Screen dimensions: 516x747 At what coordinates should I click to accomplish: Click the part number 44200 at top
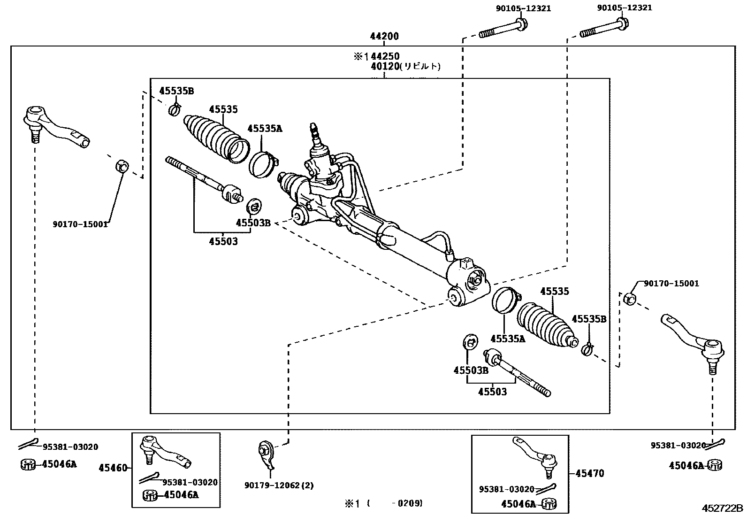384,36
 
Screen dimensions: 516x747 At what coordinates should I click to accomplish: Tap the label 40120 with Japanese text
406,66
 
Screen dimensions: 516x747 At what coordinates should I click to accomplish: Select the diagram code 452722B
722,508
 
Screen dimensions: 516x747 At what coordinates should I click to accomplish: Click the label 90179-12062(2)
279,485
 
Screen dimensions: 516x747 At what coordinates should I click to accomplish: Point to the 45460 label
113,468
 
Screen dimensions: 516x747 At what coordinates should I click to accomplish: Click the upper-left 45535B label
176,91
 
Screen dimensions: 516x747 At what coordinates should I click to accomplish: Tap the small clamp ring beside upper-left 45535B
174,110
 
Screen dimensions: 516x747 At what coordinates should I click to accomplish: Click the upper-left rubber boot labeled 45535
216,137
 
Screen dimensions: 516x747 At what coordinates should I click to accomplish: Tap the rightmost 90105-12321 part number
624,8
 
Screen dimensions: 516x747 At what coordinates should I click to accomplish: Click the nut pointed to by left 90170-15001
122,166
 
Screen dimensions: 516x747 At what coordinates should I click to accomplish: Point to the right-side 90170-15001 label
671,283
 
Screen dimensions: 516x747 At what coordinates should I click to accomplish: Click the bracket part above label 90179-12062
267,454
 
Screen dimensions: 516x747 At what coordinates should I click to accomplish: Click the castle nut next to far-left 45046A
29,464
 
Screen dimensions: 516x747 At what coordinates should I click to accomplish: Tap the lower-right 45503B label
471,370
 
